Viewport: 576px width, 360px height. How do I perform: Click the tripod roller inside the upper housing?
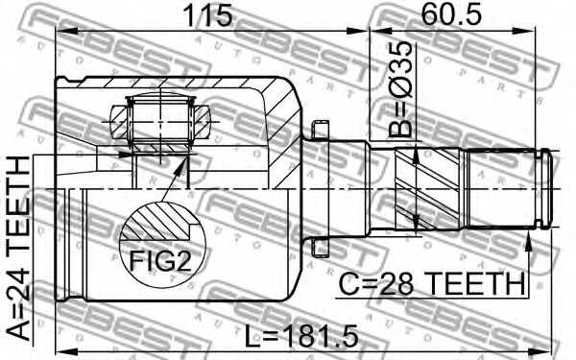tap(159, 121)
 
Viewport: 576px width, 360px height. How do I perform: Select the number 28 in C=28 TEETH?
tap(399, 285)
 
